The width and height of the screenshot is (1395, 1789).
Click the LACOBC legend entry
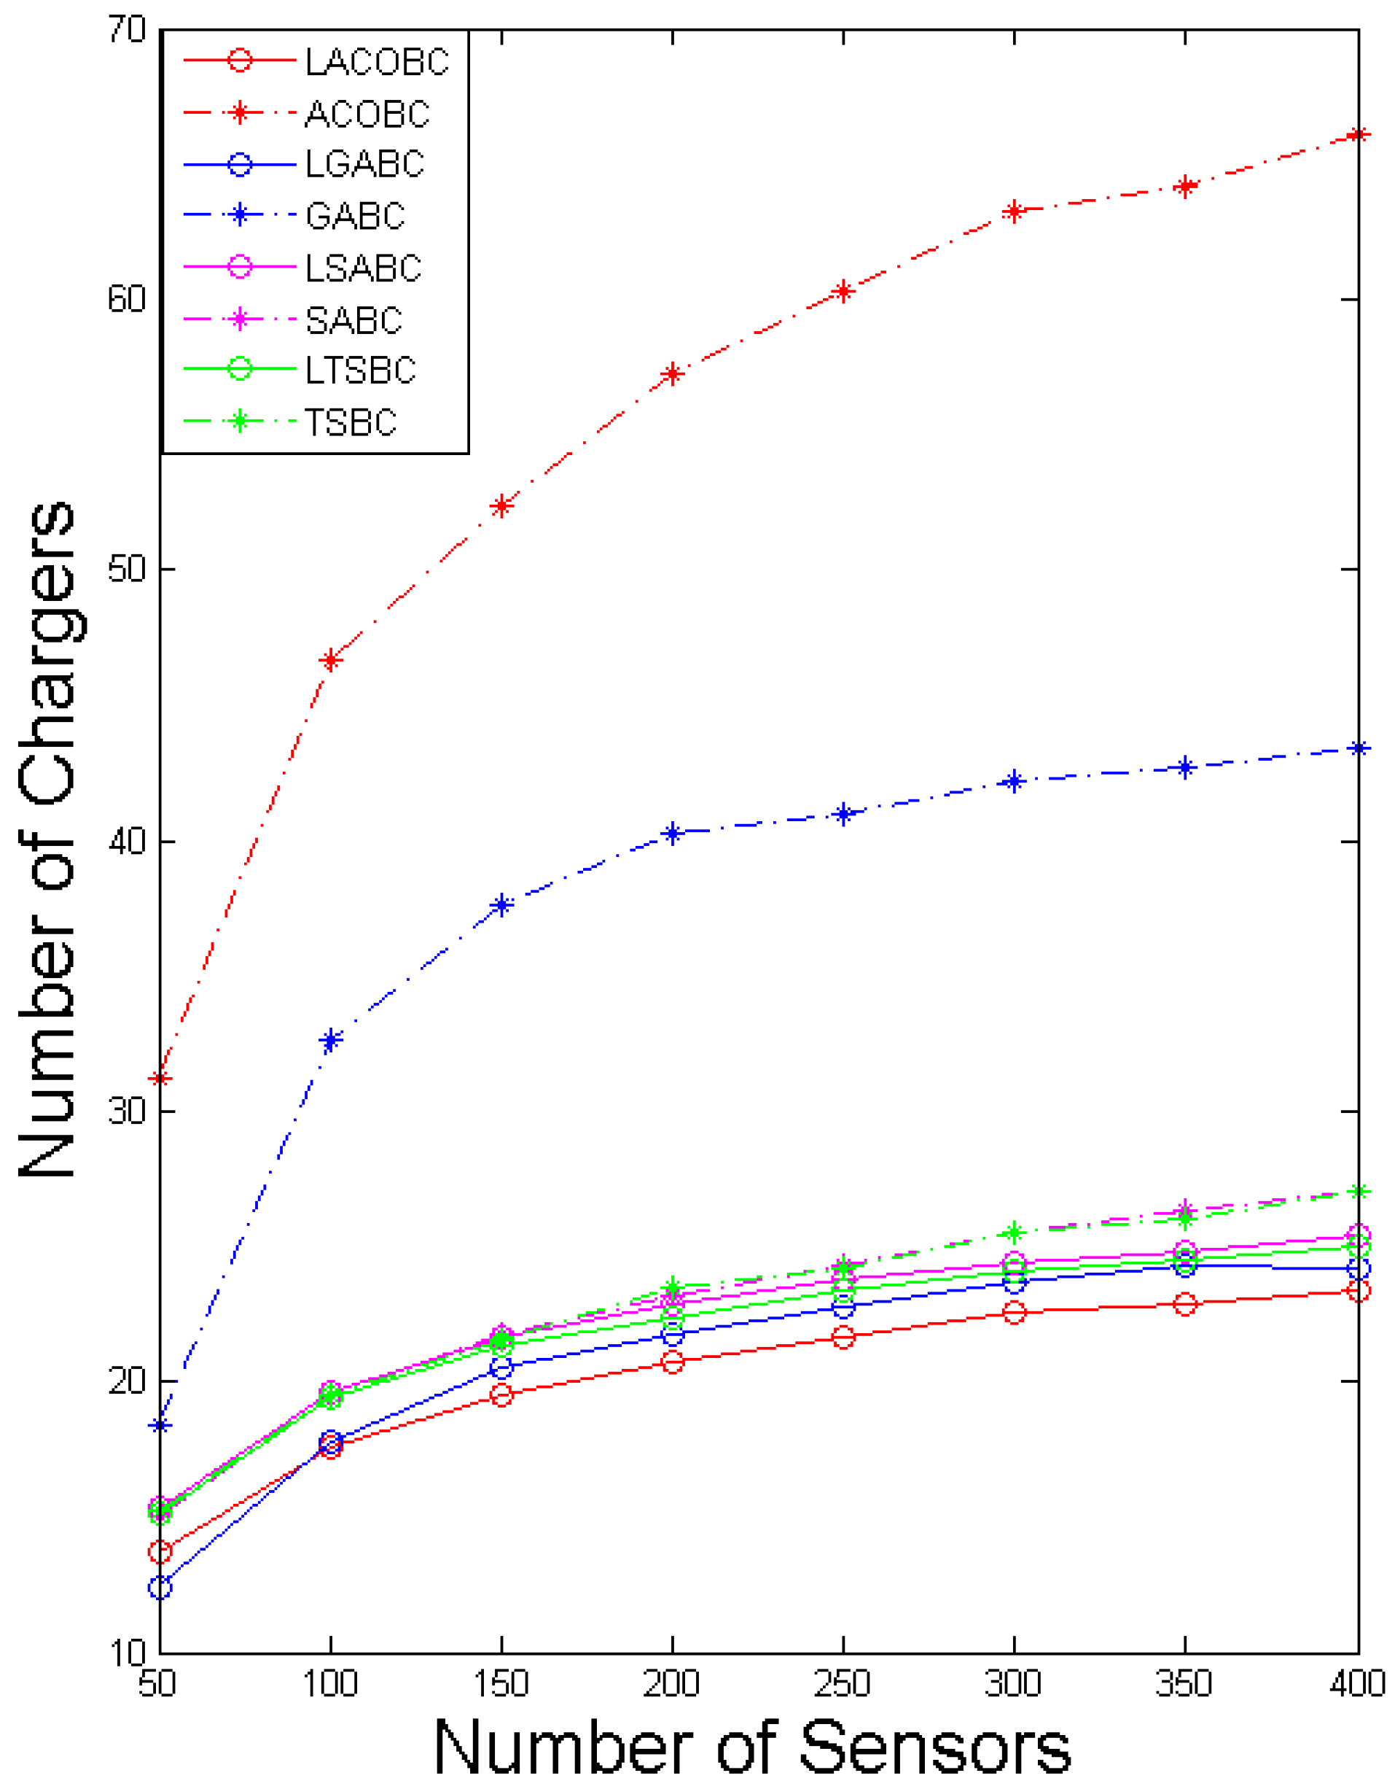pyautogui.click(x=377, y=61)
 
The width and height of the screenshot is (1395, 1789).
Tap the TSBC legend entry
pyautogui.click(x=351, y=423)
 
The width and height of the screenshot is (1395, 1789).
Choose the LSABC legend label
pyautogui.click(x=364, y=268)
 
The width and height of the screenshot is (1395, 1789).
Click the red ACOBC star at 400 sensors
pyautogui.click(x=1356, y=134)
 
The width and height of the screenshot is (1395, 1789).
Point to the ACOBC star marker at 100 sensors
pyautogui.click(x=330, y=660)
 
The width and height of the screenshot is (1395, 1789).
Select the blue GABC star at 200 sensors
pyautogui.click(x=672, y=834)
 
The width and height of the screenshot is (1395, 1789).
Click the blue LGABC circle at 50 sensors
pyautogui.click(x=160, y=1588)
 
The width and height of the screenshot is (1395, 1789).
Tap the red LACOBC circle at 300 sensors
pyautogui.click(x=1015, y=1313)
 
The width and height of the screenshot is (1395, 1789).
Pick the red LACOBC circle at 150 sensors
pyautogui.click(x=501, y=1395)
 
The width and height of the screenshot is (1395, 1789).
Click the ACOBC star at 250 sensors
pyautogui.click(x=843, y=291)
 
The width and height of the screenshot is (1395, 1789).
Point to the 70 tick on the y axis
pyautogui.click(x=127, y=31)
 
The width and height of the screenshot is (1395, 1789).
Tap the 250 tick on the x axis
pyautogui.click(x=843, y=1684)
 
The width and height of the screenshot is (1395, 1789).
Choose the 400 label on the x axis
pyautogui.click(x=1359, y=1684)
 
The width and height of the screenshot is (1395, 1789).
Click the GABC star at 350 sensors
pyautogui.click(x=1184, y=767)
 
